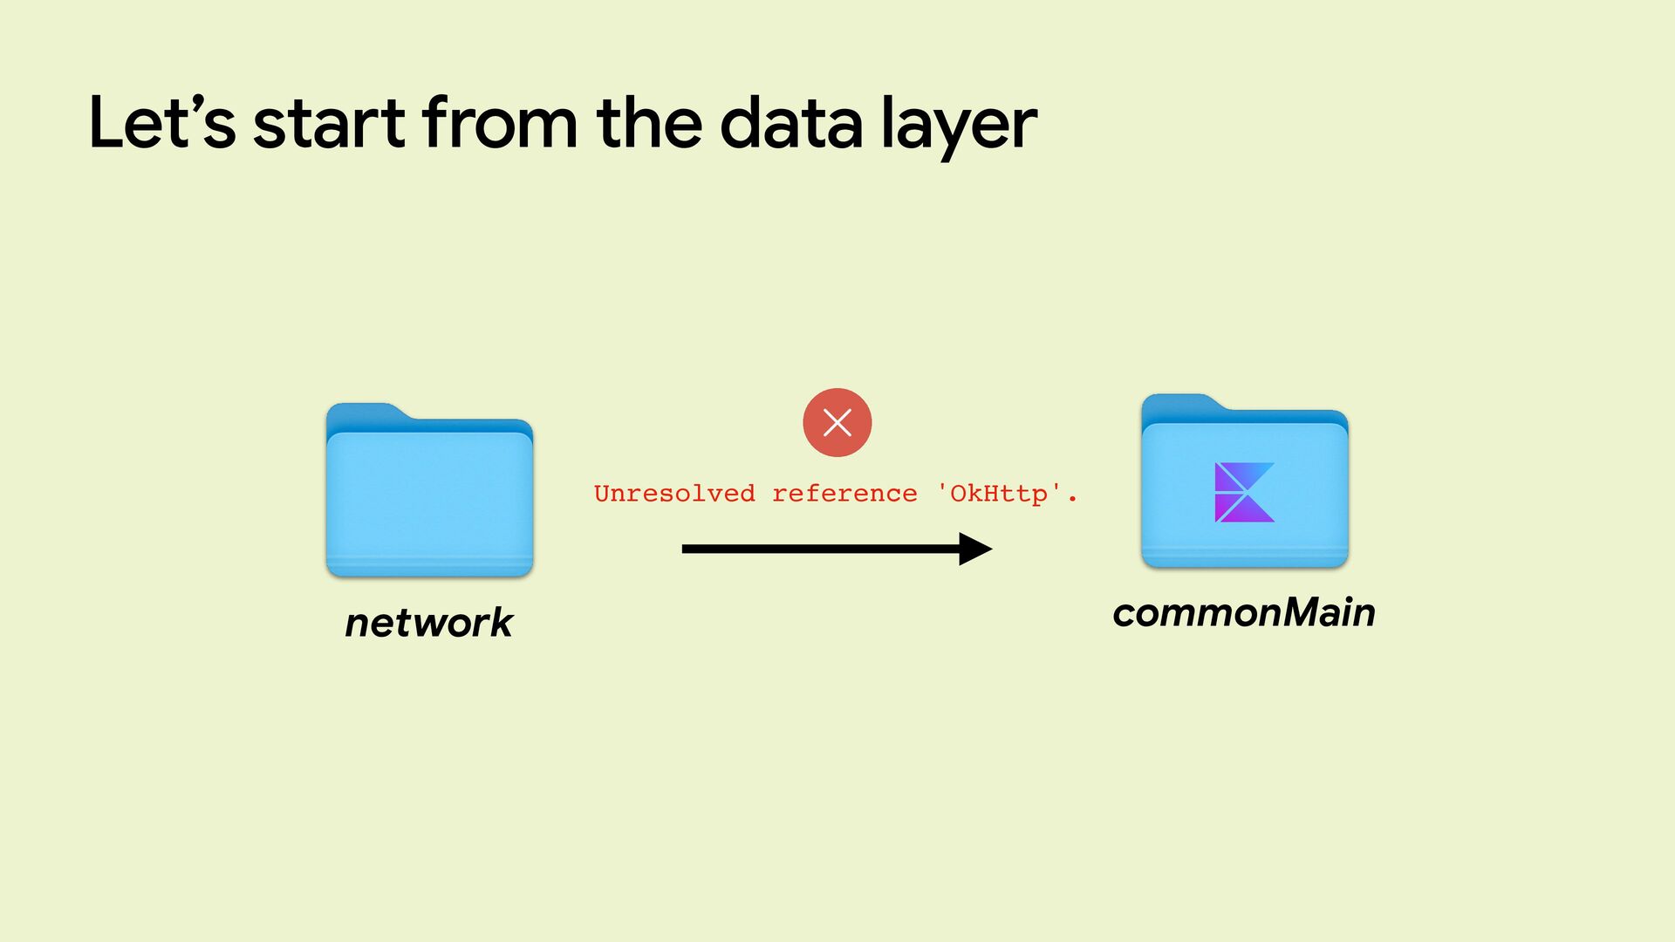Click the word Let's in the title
tap(162, 124)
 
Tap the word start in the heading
tap(329, 124)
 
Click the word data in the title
tap(791, 124)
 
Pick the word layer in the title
tap(959, 127)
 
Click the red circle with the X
tap(837, 423)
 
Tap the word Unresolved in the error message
tap(674, 494)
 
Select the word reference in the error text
tap(844, 494)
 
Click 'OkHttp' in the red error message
tap(999, 494)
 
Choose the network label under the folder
tap(429, 623)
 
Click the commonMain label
tap(1244, 612)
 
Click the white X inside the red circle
tap(837, 423)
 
